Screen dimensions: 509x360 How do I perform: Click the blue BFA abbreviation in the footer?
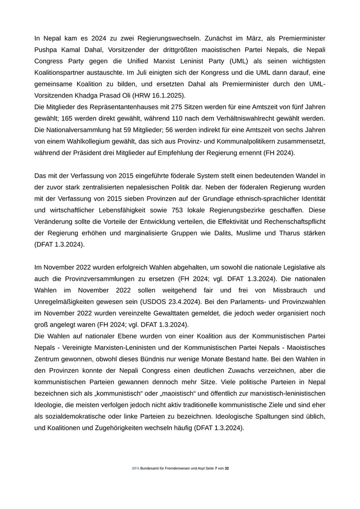click(x=136, y=468)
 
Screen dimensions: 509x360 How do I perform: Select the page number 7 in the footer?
click(x=216, y=468)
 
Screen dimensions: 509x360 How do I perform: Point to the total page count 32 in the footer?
click(x=227, y=468)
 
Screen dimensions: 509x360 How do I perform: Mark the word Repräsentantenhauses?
click(x=122, y=106)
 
